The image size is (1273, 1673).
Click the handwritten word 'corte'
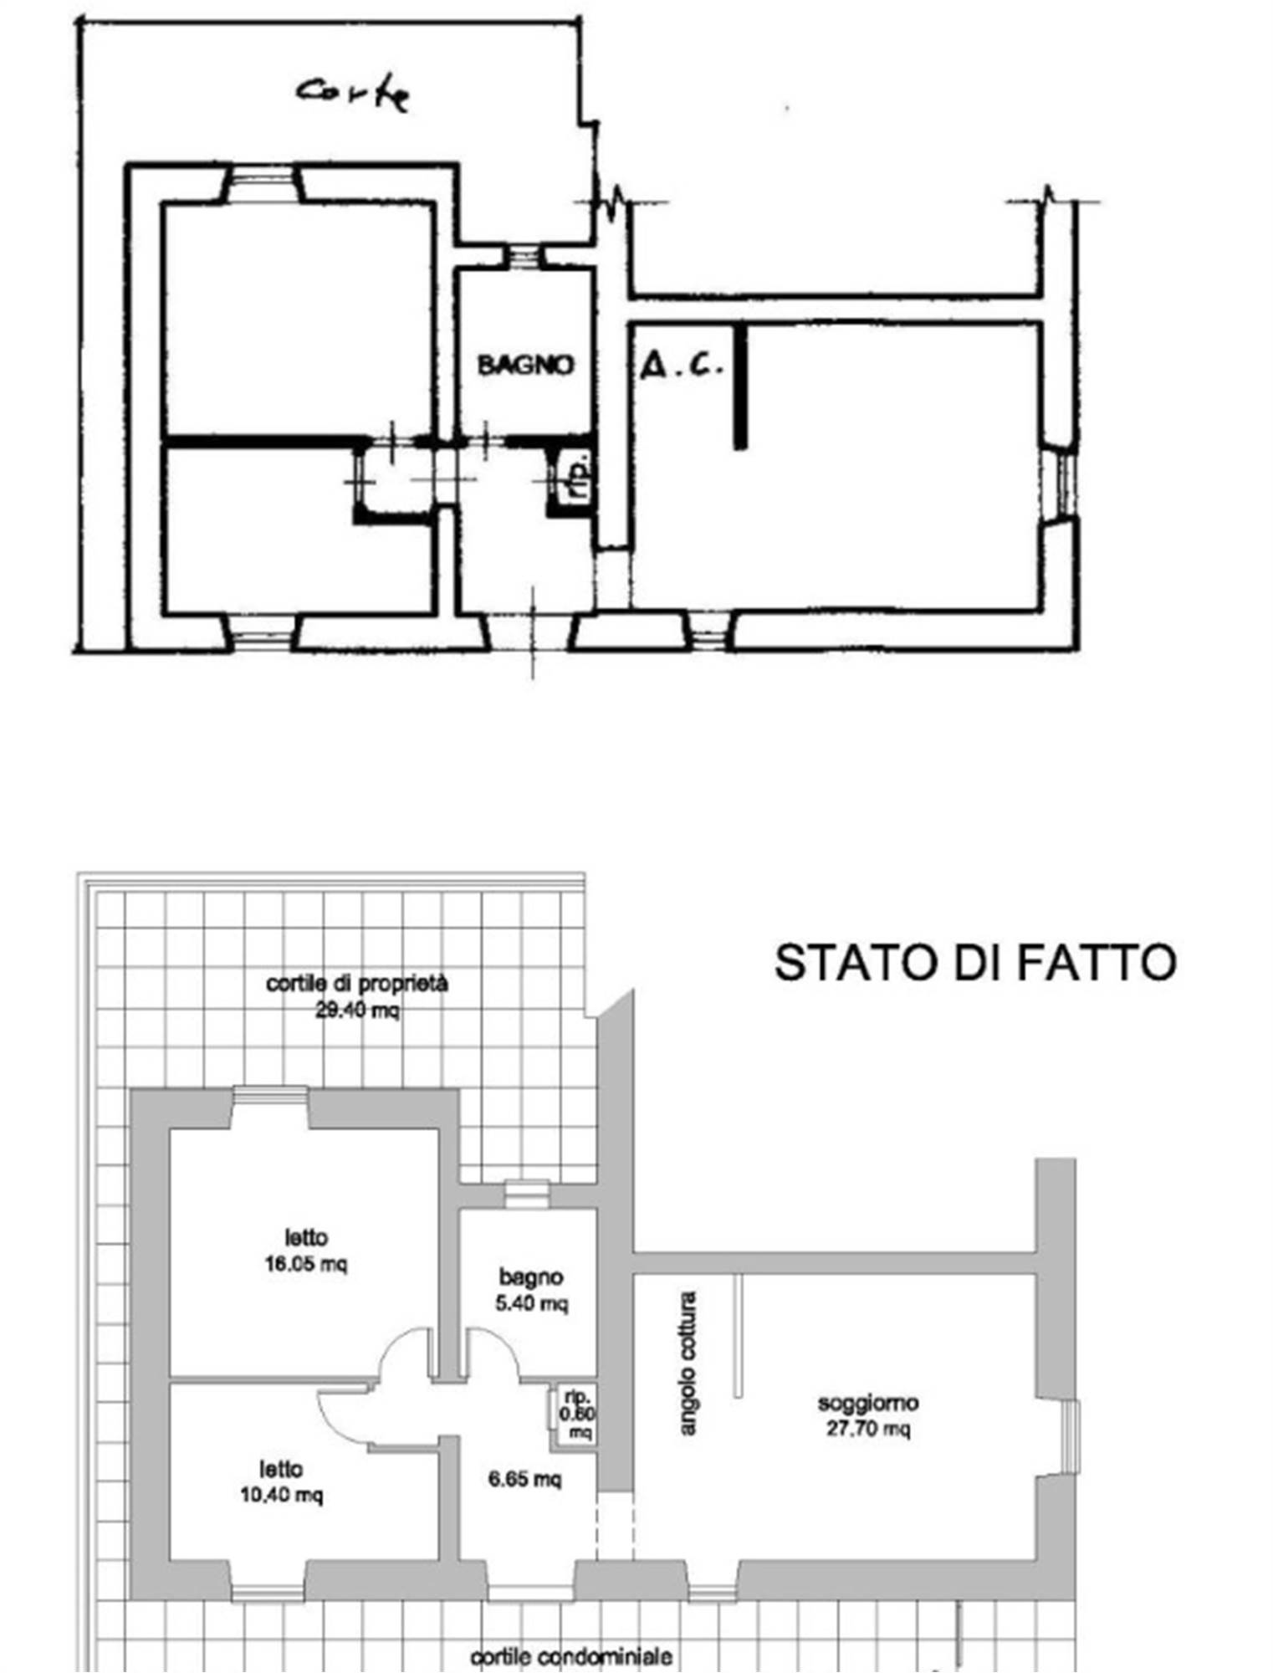pos(354,92)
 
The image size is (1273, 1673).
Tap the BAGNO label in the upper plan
pos(525,365)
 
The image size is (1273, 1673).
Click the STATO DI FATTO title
pos(975,962)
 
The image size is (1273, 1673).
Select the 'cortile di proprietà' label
pos(357,983)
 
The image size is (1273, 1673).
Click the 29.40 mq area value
pos(357,1010)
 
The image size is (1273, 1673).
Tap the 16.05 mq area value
pos(305,1263)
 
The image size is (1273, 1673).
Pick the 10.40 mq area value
pos(281,1495)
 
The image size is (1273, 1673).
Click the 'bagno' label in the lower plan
pos(531,1276)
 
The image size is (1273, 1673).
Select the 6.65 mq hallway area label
pos(524,1479)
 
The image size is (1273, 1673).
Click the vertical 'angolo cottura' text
pos(688,1363)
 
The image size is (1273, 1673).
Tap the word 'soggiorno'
pos(868,1402)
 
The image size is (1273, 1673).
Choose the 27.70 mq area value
pos(868,1428)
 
